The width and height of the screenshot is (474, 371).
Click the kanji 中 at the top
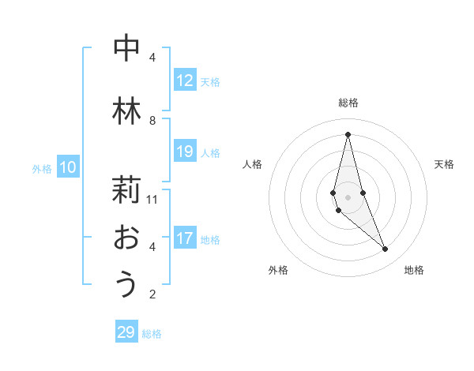pos(126,49)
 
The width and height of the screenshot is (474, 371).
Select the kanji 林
pos(126,111)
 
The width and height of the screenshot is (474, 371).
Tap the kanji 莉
pos(126,190)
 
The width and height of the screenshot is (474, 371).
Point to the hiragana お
pos(126,237)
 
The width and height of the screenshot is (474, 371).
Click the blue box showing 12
pos(185,81)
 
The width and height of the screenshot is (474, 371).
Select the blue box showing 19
pos(185,152)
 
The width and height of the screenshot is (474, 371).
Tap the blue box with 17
pos(185,238)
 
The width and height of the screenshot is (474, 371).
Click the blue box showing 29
pos(126,332)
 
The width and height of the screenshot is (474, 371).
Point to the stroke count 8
pos(152,120)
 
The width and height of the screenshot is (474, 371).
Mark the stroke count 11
pos(152,199)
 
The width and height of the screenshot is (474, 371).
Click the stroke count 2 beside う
pos(152,294)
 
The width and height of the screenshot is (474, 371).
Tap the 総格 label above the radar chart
pos(348,103)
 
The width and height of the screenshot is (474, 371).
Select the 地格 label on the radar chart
pos(414,270)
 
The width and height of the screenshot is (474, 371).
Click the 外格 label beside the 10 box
pos(42,168)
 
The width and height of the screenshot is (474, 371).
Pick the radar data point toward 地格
pos(386,249)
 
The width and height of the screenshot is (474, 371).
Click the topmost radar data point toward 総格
pos(348,134)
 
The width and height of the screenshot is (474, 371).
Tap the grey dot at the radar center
pos(348,197)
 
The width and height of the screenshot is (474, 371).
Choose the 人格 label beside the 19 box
pos(210,152)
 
